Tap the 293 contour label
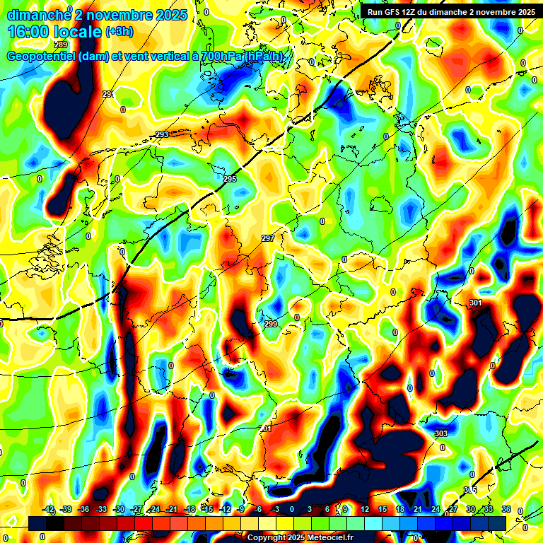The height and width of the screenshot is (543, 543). [162, 134]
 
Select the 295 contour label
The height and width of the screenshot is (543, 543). [230, 180]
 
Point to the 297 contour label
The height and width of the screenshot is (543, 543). [268, 238]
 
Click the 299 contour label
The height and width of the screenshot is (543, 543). [271, 324]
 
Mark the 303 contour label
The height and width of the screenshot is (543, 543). [441, 433]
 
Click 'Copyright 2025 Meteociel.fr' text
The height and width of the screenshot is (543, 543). [300, 537]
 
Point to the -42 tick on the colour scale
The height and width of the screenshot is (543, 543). [49, 509]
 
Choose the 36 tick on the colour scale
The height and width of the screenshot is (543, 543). [506, 509]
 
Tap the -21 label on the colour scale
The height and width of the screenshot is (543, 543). [173, 509]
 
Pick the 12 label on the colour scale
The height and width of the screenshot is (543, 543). [365, 509]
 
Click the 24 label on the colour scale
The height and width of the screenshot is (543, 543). [436, 509]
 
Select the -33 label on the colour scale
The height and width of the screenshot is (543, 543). [103, 509]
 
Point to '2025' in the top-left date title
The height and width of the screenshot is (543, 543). [171, 14]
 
